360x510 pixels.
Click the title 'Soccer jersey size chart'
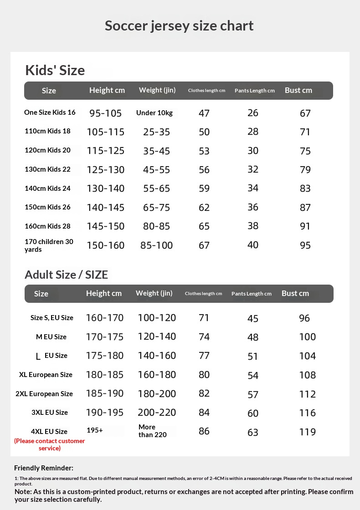pos(179,25)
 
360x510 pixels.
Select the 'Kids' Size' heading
pos(55,70)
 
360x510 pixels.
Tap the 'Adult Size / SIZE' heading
pos(66,275)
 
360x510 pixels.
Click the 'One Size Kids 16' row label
pos(50,112)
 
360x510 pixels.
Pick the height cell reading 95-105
pos(105,113)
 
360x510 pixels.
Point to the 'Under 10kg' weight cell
pos(154,113)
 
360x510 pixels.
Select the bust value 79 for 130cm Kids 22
pos(305,170)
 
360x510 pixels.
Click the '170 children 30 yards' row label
pos(49,245)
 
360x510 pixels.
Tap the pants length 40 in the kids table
pos(253,245)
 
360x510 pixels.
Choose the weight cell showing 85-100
pos(156,245)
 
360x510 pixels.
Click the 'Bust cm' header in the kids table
pos(298,90)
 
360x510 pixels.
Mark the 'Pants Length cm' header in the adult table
pos(251,294)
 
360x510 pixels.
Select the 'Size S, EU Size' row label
pos(52,318)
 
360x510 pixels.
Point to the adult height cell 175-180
pos(104,356)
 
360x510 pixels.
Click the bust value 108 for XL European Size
pos(307,375)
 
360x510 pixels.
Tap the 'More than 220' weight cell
pos(152,431)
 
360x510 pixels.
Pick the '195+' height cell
pos(95,430)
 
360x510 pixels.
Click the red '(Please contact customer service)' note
pos(50,444)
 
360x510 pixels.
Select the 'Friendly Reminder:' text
pos(44,468)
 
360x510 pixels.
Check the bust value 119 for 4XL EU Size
pos(307,432)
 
